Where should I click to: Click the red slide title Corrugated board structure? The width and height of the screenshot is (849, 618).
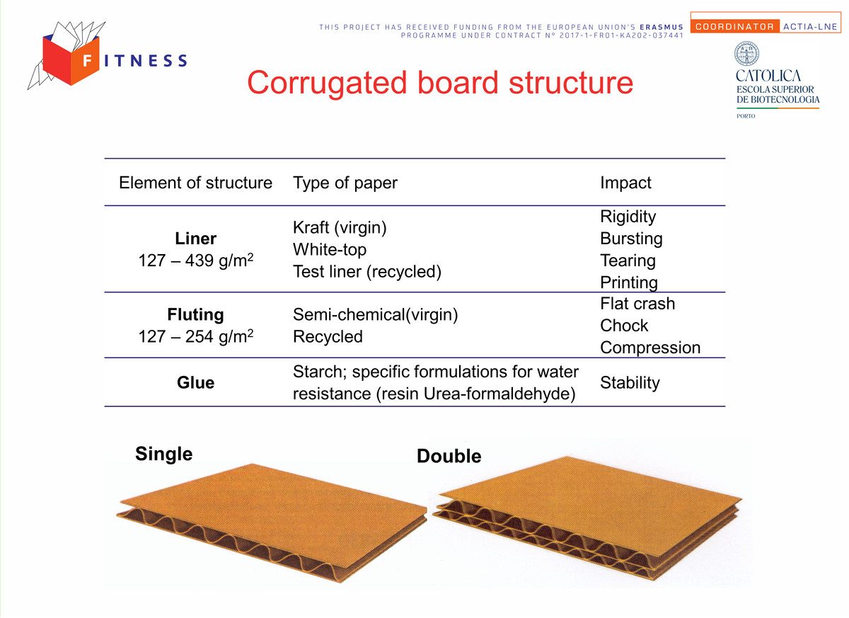tap(440, 83)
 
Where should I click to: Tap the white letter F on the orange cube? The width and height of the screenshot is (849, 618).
tap(87, 60)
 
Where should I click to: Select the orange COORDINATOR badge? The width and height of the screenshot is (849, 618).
tap(735, 26)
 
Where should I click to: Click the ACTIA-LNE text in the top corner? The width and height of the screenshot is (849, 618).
tap(810, 26)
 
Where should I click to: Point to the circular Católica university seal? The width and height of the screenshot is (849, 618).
tap(746, 54)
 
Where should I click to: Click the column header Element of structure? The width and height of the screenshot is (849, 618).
tap(195, 183)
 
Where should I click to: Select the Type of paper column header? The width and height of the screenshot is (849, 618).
tap(345, 183)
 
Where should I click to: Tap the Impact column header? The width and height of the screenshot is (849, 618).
tap(625, 183)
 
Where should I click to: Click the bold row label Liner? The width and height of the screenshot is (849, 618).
tap(195, 239)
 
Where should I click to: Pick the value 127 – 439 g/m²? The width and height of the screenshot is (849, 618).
tap(195, 260)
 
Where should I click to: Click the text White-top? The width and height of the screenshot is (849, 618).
tap(330, 250)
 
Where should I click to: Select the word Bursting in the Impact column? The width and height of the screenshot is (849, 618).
tap(631, 239)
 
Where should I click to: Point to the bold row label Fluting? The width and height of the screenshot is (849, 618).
tap(195, 315)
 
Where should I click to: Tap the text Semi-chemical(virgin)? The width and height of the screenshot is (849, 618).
tap(376, 315)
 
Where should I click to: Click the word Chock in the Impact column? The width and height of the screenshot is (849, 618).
tap(624, 326)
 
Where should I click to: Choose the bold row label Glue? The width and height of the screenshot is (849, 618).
tap(195, 382)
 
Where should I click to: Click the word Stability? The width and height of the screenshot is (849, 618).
tap(630, 383)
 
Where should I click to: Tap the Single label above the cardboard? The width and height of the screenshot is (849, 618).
tap(164, 454)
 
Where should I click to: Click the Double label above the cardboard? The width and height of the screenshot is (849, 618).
tap(449, 456)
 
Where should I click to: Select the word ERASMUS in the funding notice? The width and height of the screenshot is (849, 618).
tap(662, 28)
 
